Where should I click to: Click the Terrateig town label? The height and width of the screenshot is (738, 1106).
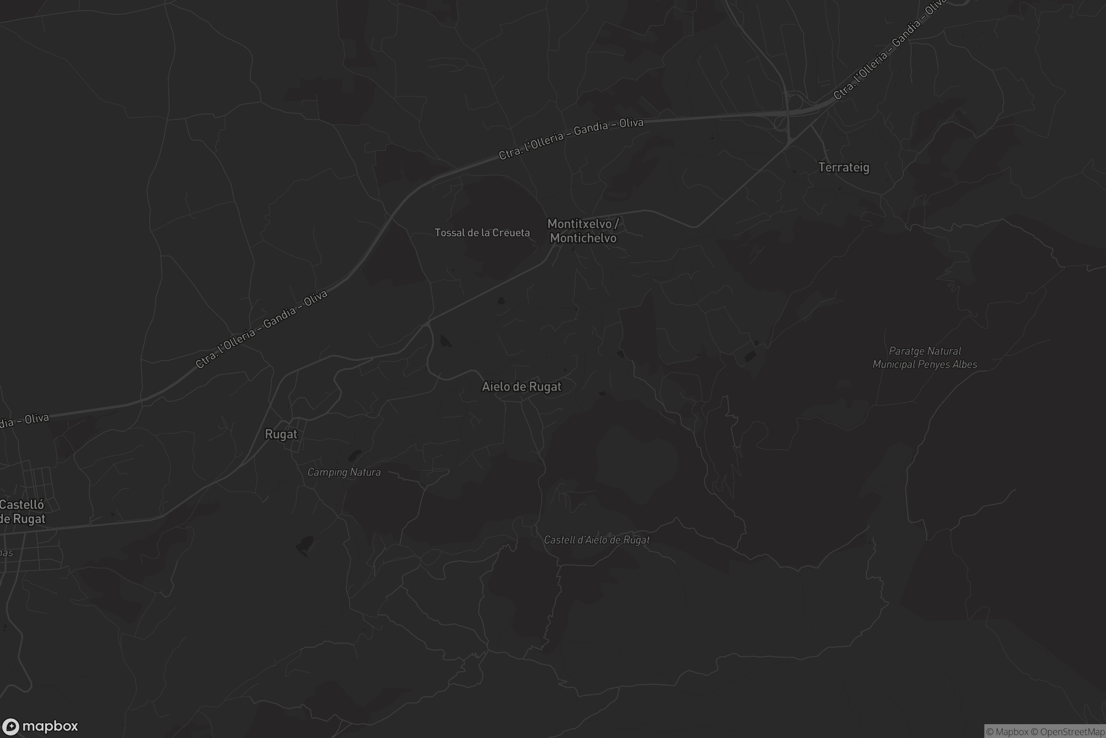click(x=844, y=167)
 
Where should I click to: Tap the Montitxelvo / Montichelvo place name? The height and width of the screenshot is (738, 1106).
click(x=583, y=231)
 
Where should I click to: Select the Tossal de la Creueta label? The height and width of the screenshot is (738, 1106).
click(x=482, y=232)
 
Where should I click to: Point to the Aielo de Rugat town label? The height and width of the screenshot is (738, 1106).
click(x=522, y=387)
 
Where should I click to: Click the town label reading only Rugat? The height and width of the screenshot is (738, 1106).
click(x=281, y=434)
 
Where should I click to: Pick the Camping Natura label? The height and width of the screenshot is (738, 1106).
click(x=344, y=472)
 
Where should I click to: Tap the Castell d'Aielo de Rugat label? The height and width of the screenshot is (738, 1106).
click(x=597, y=540)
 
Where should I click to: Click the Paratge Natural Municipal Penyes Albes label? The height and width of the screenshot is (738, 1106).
click(x=924, y=358)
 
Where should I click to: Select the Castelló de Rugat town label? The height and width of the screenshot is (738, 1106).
click(x=22, y=512)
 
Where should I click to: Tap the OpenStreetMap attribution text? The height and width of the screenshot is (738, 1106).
click(x=1072, y=732)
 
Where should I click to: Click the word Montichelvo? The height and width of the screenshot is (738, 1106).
click(x=583, y=238)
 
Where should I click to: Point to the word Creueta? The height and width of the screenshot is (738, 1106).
click(x=511, y=232)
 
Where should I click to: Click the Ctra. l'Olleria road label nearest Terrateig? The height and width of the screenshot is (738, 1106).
click(x=889, y=49)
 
